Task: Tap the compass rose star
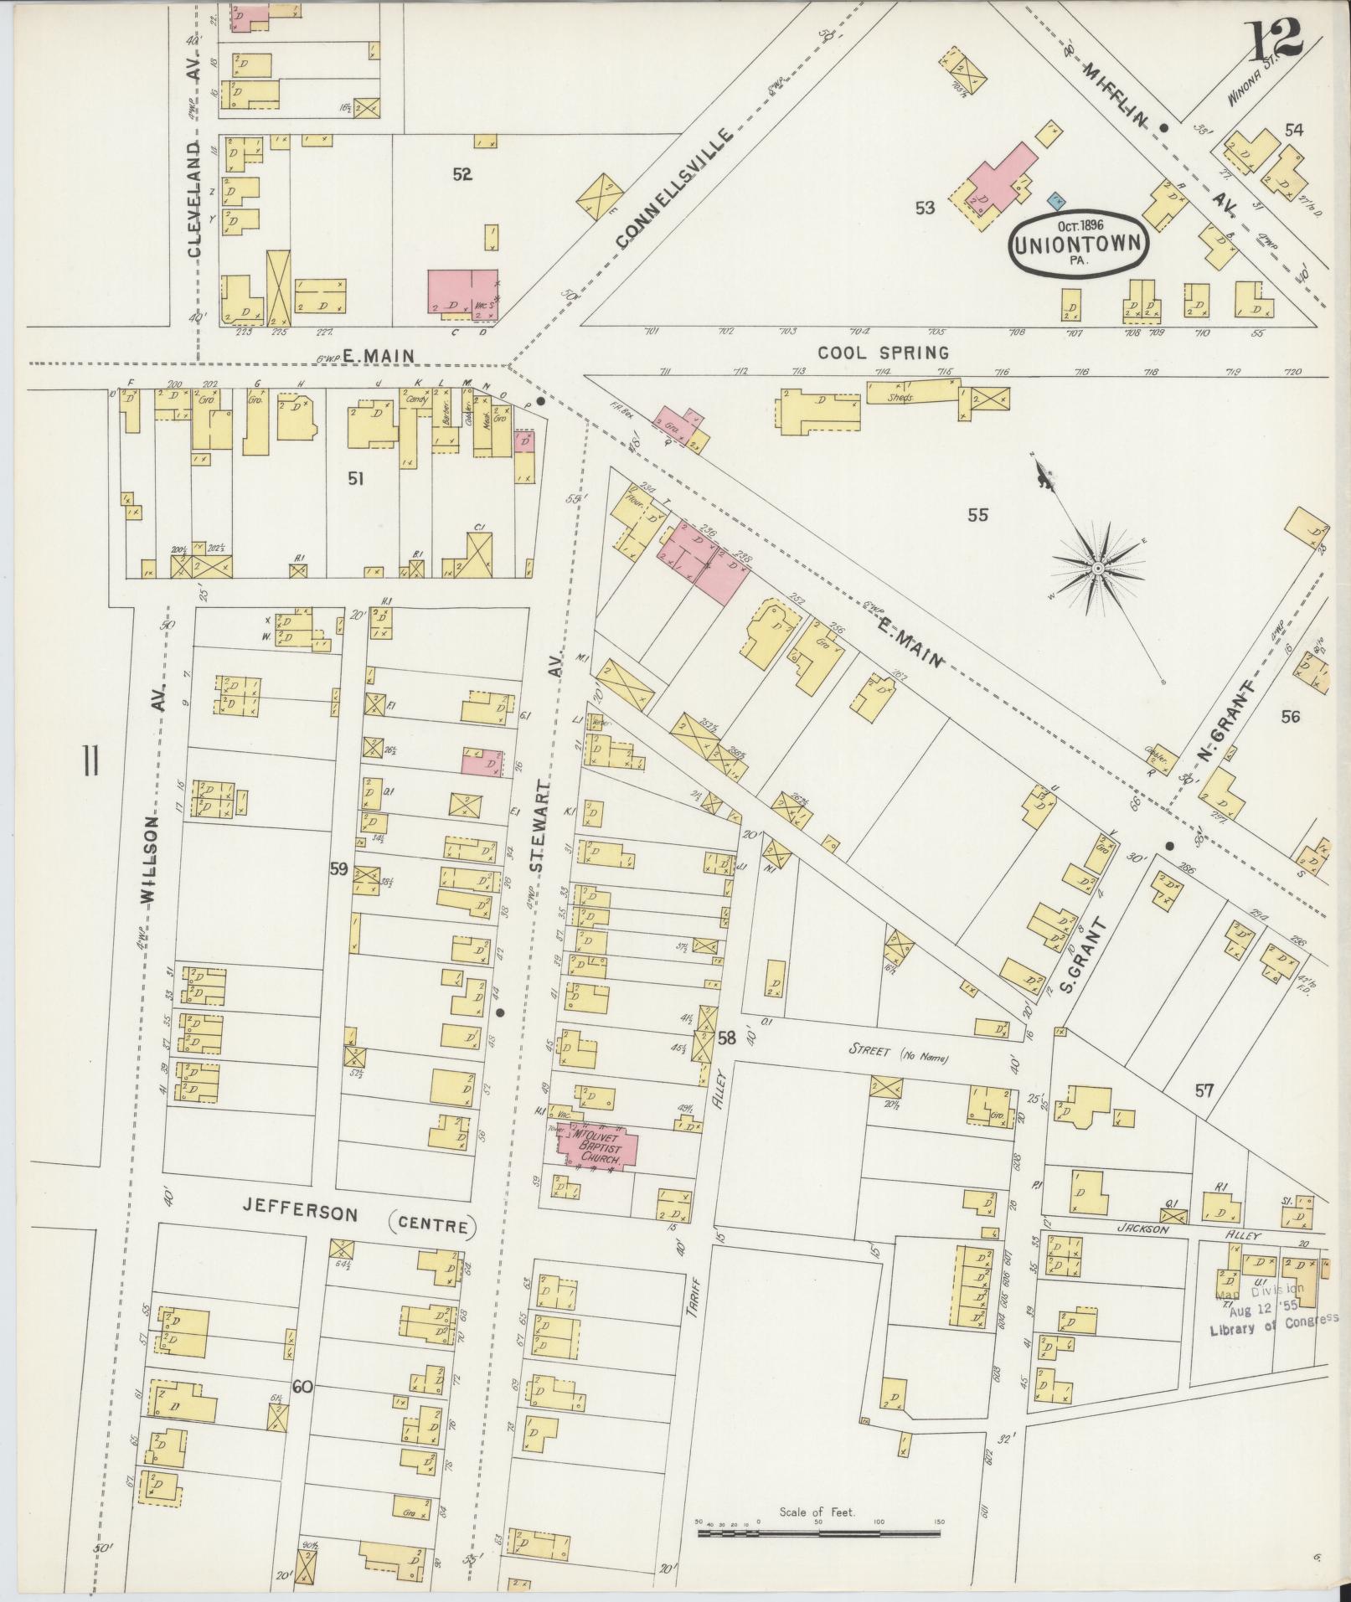[x=1096, y=569]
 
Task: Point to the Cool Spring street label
[x=883, y=353]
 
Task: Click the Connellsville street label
[x=675, y=188]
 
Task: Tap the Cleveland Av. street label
[x=195, y=163]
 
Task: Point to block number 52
[x=462, y=174]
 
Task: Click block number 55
[x=977, y=515]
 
